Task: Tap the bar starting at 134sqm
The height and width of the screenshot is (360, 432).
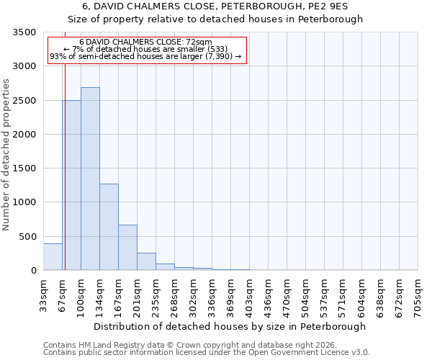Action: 109,227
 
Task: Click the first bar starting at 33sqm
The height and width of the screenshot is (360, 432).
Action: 53,257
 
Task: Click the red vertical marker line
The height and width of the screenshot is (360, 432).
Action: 65,166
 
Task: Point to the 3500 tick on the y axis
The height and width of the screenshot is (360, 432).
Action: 24,32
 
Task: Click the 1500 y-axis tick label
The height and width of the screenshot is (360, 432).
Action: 24,168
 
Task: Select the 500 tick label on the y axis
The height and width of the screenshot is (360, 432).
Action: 27,237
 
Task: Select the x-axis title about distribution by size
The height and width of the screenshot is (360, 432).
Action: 230,326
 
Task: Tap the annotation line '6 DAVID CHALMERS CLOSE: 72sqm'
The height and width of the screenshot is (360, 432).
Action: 146,42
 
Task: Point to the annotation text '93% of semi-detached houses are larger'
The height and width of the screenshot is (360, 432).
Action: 146,56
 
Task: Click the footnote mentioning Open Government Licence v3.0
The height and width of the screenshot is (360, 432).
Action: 207,353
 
